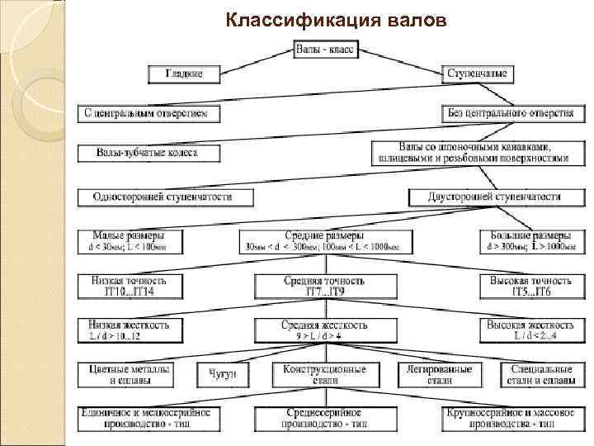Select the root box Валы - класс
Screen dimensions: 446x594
coord(325,50)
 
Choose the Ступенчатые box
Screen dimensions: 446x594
coord(478,74)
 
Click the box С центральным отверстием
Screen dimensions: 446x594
coord(149,112)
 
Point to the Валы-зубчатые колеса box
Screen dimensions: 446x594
coord(149,153)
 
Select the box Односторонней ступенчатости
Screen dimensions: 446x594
coord(164,197)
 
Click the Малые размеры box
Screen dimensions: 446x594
coord(125,240)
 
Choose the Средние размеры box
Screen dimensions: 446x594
coord(324,240)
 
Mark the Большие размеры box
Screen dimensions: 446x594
coord(528,240)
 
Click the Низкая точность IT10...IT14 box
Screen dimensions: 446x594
coord(125,286)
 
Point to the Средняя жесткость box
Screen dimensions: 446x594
coord(324,330)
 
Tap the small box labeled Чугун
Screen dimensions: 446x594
coord(222,375)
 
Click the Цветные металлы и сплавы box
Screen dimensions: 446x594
coord(125,375)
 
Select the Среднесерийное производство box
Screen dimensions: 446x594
coord(324,417)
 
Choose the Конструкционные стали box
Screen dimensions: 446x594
coord(324,375)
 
